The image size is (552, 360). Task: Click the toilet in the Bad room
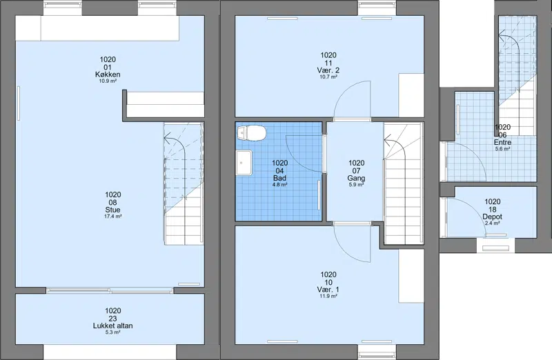coord(251,133)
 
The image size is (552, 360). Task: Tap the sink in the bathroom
coord(244,163)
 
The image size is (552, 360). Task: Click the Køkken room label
coord(108,74)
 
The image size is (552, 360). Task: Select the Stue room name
coord(112,210)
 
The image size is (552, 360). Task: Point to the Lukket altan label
coord(112,326)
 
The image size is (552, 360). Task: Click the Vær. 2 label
coord(328,70)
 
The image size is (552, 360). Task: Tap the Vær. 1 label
coord(328,290)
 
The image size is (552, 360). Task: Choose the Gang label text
coord(356,178)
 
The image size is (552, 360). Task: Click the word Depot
coord(492,217)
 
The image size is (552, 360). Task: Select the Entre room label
coord(503,143)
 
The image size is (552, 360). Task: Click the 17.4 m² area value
coord(112,217)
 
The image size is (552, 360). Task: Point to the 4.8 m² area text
coord(280,184)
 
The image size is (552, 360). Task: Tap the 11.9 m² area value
coord(328,297)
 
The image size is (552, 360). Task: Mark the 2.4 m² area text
coord(492,223)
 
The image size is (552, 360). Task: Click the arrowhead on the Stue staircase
coord(168,137)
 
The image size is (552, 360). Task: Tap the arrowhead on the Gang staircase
coord(387,142)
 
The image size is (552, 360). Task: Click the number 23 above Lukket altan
coord(112,319)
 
